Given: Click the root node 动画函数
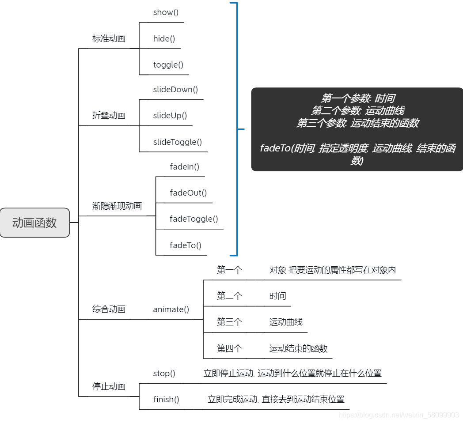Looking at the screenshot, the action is click(34, 223).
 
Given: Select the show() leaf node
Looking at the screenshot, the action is click(163, 12).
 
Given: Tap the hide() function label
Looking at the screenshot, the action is click(161, 38).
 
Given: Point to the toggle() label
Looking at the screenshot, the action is click(168, 65).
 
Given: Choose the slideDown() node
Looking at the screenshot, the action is click(175, 90).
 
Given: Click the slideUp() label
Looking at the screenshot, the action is click(170, 116).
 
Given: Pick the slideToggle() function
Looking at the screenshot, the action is click(177, 142).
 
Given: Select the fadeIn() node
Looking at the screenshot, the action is click(184, 167).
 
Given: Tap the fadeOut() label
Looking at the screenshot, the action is click(188, 193).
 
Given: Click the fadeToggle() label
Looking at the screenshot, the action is click(194, 219).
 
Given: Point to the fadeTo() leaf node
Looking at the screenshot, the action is click(185, 245).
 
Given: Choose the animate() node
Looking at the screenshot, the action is click(171, 310).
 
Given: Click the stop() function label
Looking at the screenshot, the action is click(164, 374).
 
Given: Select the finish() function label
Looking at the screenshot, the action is click(166, 400).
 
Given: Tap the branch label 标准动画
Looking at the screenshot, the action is click(109, 38).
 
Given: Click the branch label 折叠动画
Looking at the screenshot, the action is click(109, 116).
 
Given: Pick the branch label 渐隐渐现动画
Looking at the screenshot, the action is click(117, 206).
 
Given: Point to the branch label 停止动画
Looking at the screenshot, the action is click(109, 386).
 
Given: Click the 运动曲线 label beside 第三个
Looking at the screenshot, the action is click(286, 322).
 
